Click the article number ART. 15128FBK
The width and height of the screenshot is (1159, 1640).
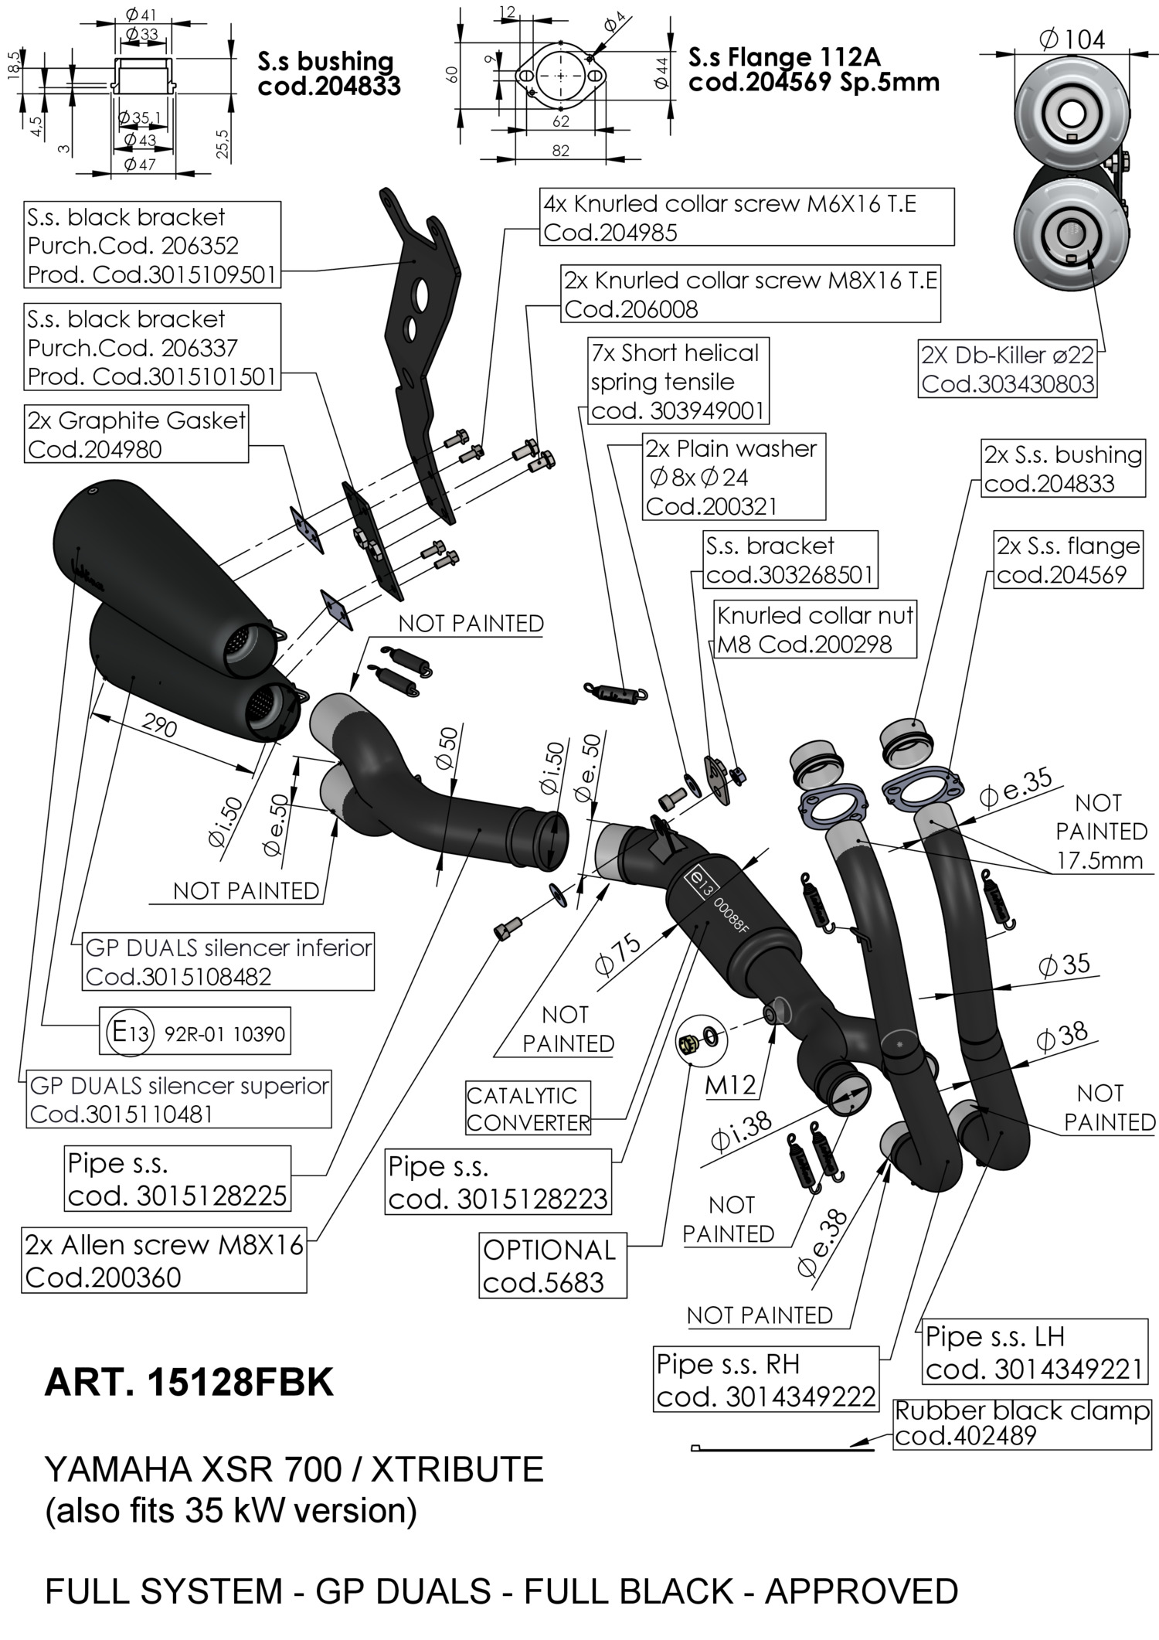coord(189,1383)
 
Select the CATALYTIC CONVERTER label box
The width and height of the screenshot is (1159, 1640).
coord(528,1108)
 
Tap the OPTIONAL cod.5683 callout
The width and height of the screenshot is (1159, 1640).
coord(552,1266)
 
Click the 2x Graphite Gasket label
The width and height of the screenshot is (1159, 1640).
coord(136,434)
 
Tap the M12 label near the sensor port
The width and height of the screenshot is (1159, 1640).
coord(730,1085)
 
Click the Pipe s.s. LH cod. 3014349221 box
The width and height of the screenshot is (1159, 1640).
coord(1033,1352)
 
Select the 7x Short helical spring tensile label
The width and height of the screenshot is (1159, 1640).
coord(678,382)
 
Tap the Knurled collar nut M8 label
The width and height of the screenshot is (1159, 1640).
coord(814,629)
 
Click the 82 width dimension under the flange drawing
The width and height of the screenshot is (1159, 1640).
coord(561,151)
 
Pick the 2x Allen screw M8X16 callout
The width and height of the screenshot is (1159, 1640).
coord(165,1261)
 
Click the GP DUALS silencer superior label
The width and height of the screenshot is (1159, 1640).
coord(178,1099)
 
